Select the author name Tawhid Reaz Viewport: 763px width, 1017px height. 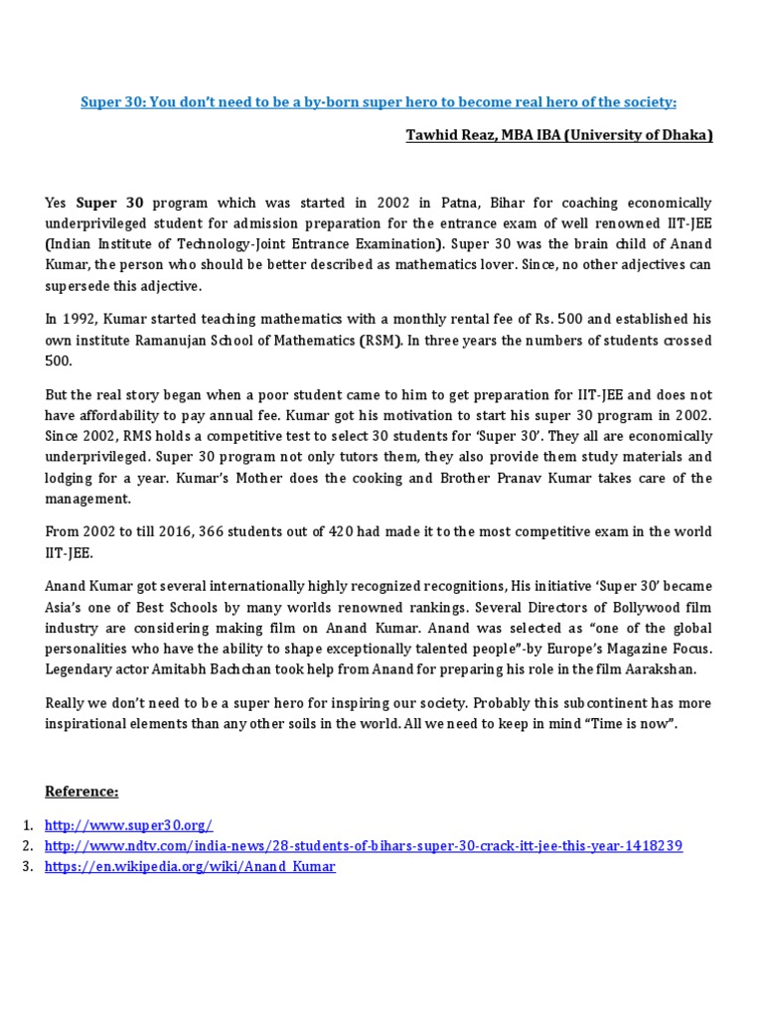[447, 135]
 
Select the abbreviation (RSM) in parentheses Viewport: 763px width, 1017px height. [381, 340]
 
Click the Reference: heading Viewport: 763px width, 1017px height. [81, 791]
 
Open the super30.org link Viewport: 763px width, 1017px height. [129, 825]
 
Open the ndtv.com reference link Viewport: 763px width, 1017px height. [364, 845]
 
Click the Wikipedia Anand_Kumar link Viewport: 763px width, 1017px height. [190, 866]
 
